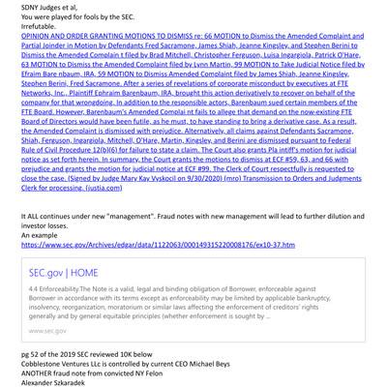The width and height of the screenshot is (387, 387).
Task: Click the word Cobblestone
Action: pos(29,348)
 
